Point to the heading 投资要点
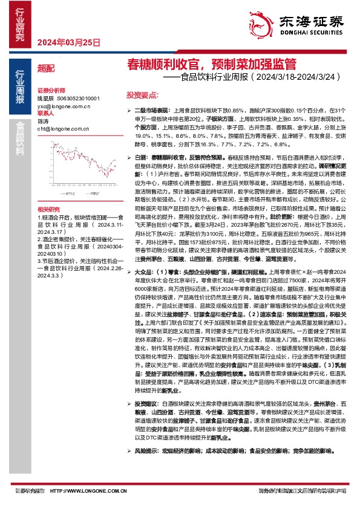click(x=142, y=95)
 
